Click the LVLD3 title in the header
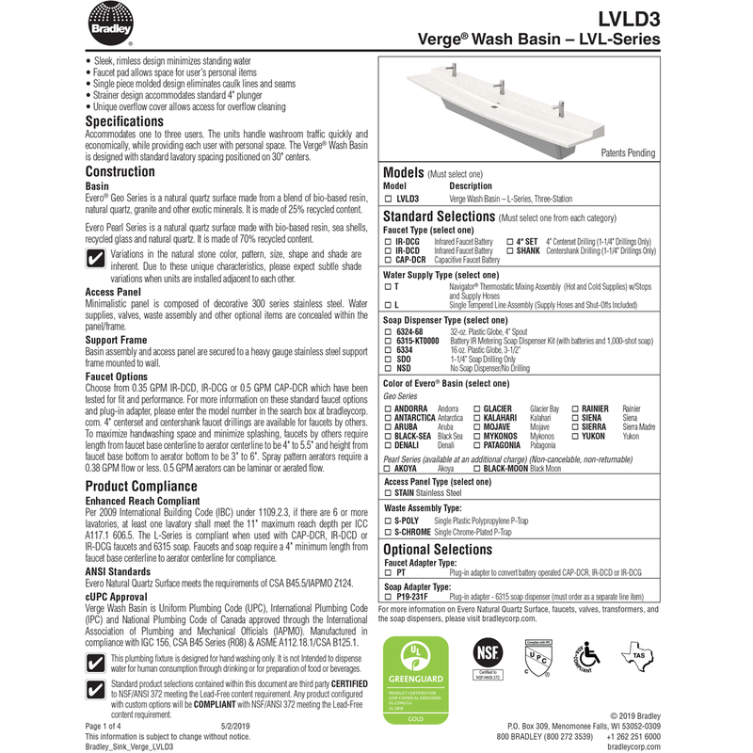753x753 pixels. coord(626,18)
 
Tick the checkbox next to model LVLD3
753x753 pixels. coord(388,200)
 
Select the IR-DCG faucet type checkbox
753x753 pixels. coord(388,242)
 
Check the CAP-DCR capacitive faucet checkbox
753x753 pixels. coord(388,259)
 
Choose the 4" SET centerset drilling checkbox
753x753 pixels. coord(509,242)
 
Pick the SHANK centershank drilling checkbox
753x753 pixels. coord(509,250)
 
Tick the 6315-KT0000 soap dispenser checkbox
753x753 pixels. coord(388,340)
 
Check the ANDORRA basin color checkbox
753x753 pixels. coord(388,409)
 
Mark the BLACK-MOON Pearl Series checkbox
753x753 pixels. coord(476,467)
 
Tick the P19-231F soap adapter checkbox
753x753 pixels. coord(388,597)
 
